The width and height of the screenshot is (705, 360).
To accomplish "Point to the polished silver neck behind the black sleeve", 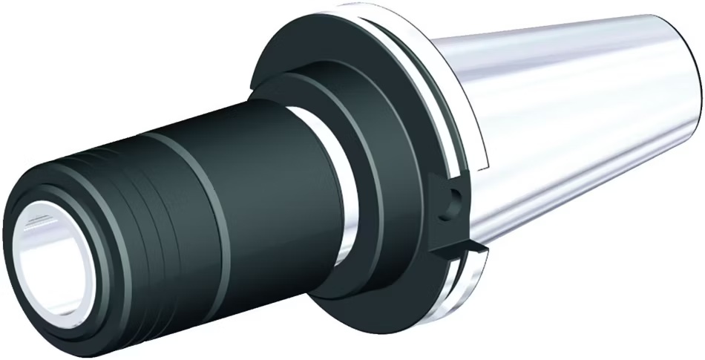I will click(334, 186).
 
